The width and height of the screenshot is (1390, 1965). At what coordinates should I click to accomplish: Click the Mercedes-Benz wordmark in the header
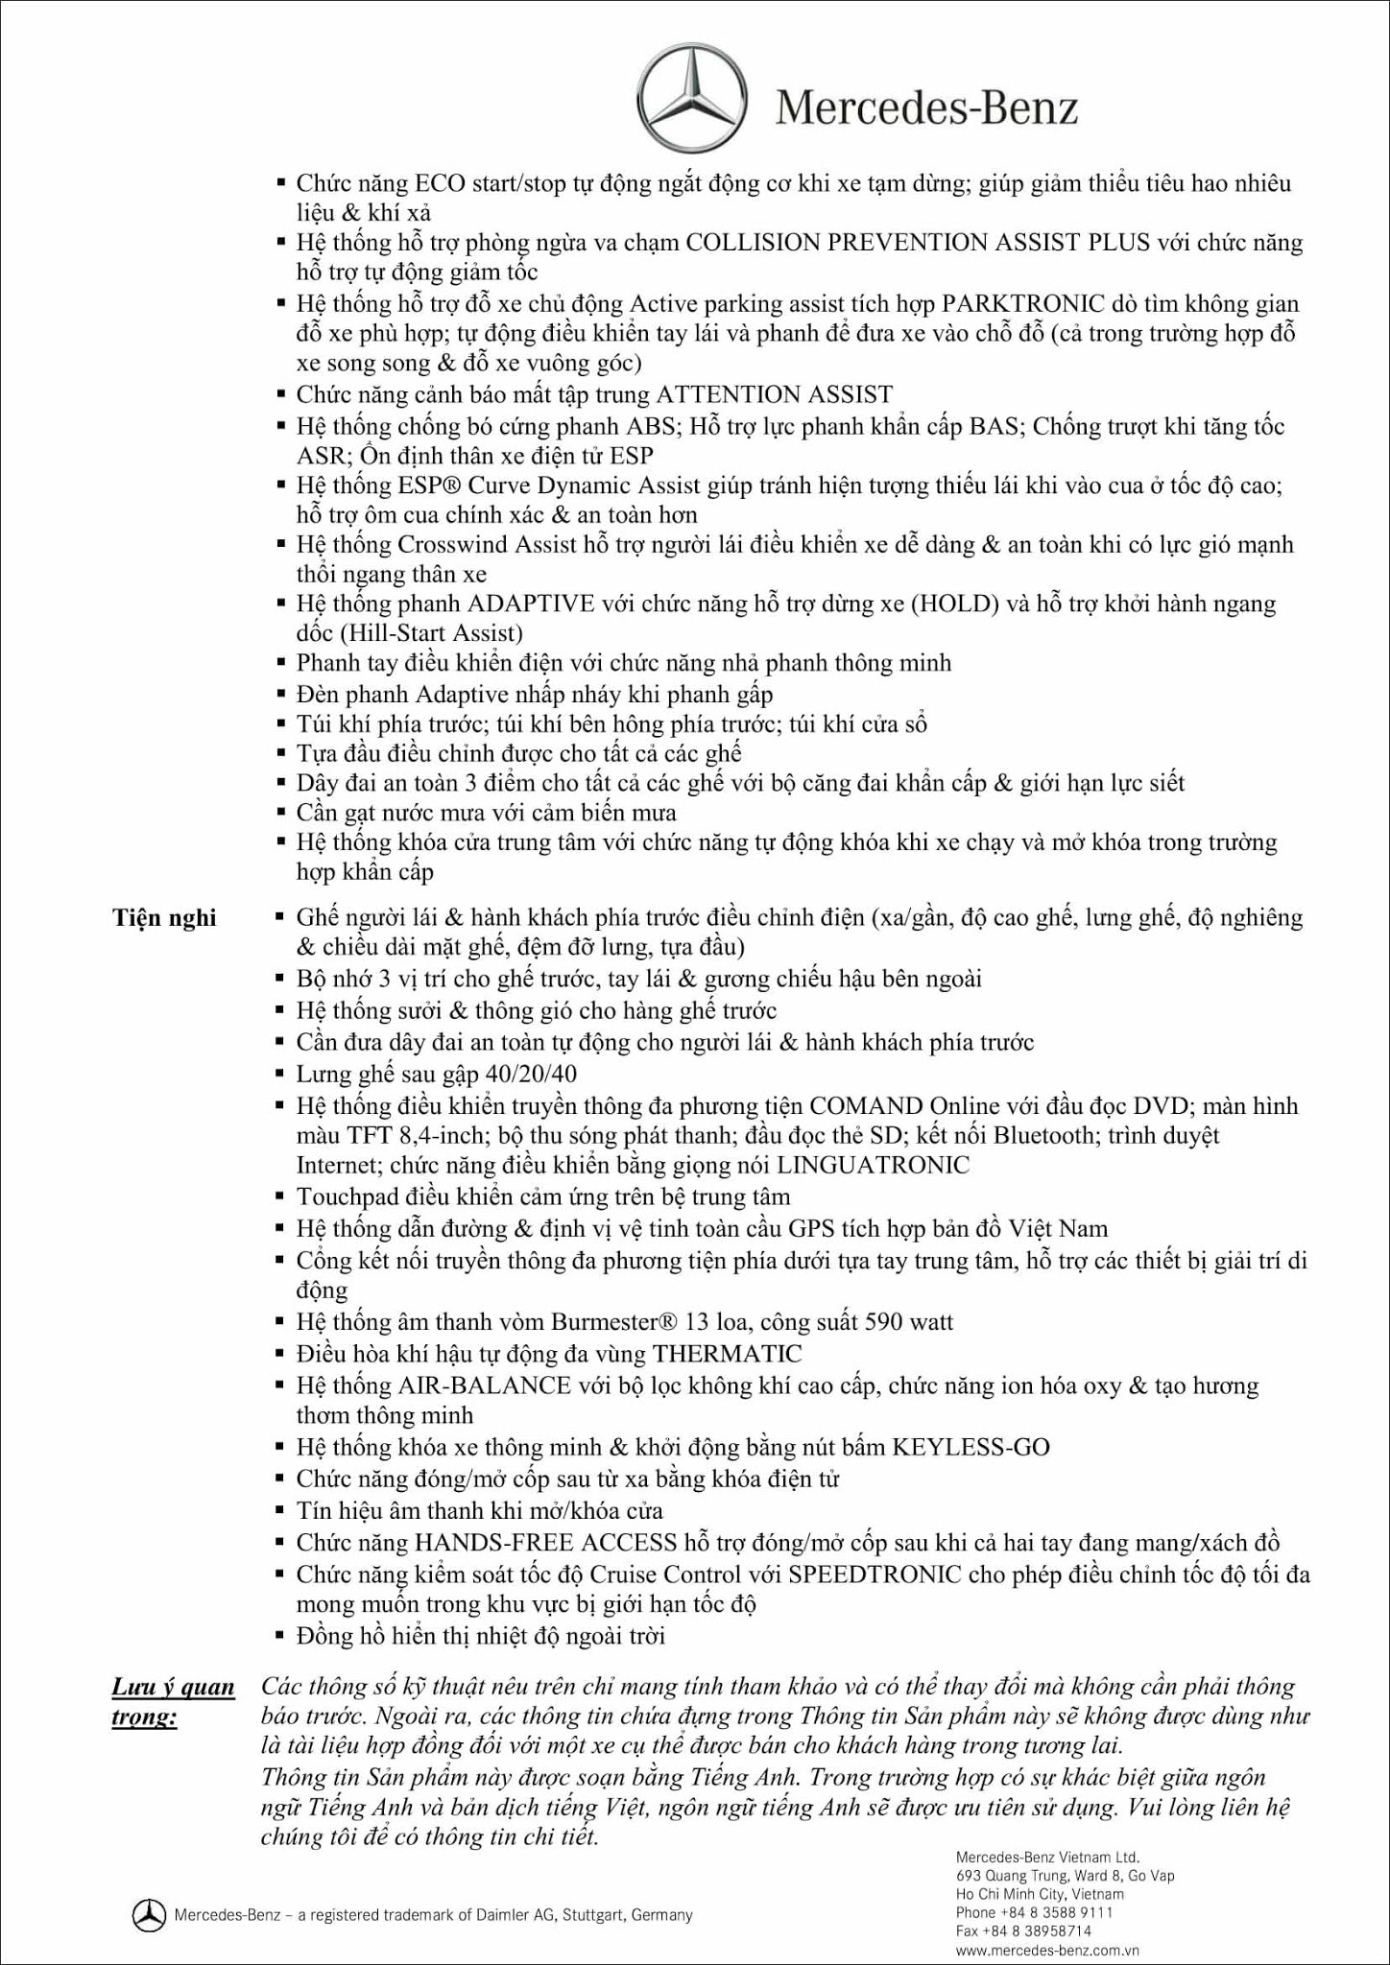click(926, 107)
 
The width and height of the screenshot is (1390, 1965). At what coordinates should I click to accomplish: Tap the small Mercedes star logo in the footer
click(149, 1915)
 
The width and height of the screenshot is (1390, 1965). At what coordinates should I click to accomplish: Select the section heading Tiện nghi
click(164, 918)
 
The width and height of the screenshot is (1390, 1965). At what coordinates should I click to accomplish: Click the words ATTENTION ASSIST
click(774, 394)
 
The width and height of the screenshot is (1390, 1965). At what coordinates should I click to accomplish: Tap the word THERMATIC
click(727, 1354)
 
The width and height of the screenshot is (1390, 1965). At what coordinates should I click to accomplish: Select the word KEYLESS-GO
click(971, 1447)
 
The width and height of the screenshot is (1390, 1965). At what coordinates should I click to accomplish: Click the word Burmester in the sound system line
click(605, 1322)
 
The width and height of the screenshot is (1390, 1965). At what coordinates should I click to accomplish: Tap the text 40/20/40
click(531, 1074)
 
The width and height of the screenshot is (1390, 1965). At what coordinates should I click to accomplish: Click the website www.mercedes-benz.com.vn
click(1047, 1951)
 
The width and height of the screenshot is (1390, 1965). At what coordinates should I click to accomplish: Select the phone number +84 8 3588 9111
click(1055, 1912)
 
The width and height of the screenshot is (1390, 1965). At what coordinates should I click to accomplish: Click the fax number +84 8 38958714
click(1042, 1931)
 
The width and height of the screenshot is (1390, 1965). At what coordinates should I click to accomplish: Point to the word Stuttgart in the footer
click(591, 1915)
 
